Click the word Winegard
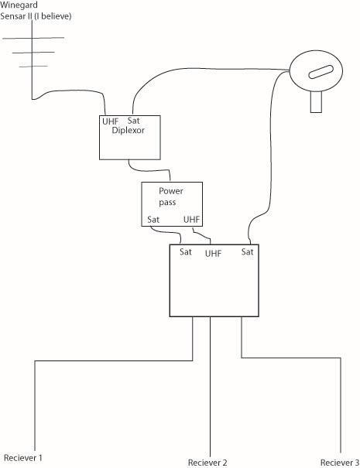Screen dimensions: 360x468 [19, 5]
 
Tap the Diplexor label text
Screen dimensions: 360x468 [128, 131]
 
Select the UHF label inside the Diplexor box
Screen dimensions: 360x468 [110, 121]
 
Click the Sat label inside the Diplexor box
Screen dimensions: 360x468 [133, 121]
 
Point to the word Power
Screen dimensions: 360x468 [171, 191]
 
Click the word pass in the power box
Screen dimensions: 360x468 [167, 203]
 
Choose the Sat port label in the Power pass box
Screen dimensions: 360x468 [153, 220]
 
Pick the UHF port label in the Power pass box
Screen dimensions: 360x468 [191, 220]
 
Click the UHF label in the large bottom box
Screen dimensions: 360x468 [213, 254]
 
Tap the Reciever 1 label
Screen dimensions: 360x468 [23, 458]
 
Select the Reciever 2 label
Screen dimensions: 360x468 [207, 463]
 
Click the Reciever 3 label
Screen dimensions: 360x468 [340, 463]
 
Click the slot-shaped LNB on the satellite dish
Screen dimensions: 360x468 [321, 72]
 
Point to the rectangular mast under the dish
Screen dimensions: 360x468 [316, 102]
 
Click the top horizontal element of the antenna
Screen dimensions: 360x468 [33, 38]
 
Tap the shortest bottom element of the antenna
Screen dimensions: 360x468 [33, 66]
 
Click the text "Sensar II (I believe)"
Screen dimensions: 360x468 [36, 16]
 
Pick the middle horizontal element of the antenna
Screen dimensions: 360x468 [33, 53]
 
